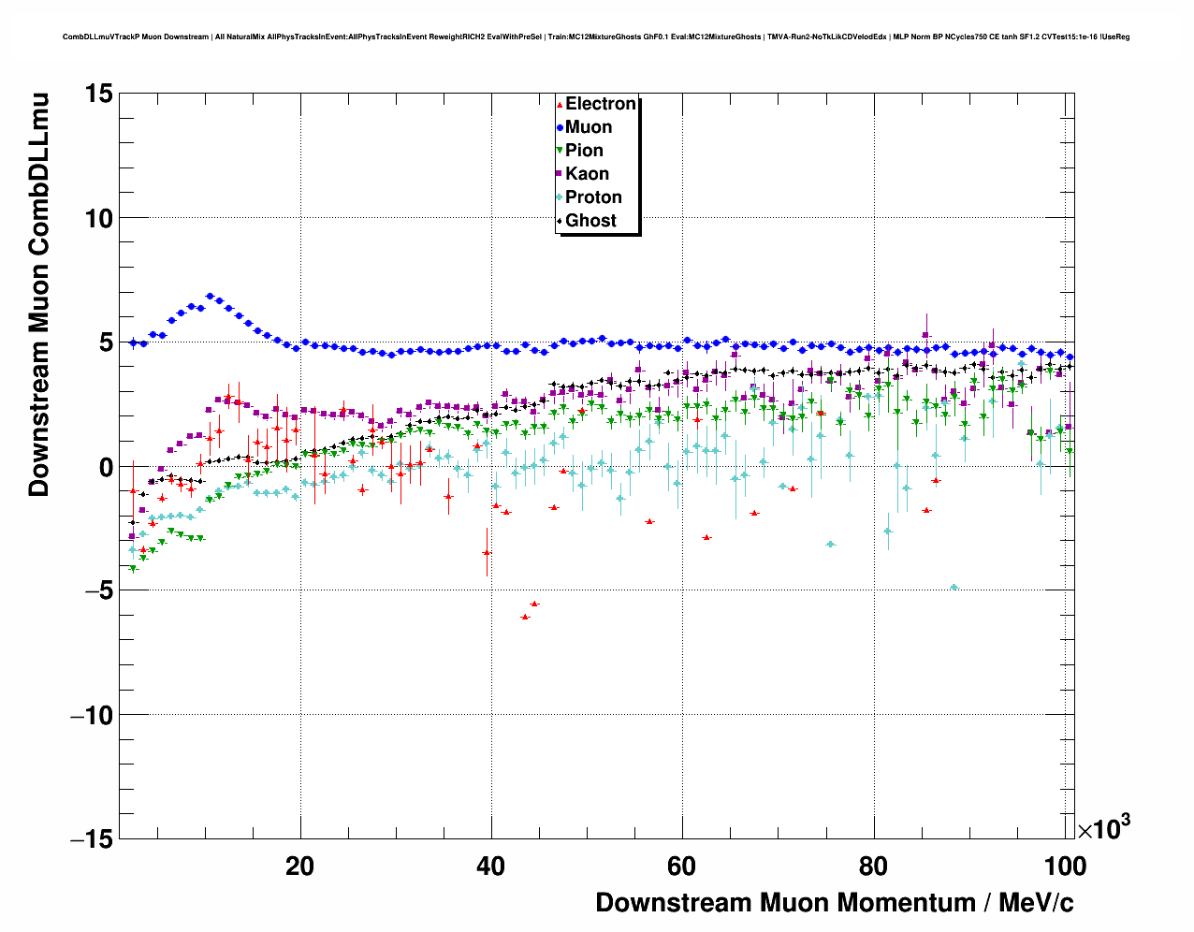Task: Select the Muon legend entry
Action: [588, 127]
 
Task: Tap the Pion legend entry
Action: [584, 151]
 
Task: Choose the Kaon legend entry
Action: [587, 174]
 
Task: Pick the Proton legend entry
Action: [593, 197]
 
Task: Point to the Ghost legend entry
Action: [590, 221]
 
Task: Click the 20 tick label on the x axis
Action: [299, 866]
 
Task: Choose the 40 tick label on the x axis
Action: [491, 866]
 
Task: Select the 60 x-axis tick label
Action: [682, 866]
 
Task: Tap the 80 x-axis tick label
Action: [873, 866]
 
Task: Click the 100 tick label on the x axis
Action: [1065, 866]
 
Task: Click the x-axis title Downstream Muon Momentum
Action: [834, 903]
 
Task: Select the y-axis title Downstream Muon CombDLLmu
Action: [39, 294]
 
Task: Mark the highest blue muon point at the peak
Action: [210, 297]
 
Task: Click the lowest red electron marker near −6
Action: [525, 617]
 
